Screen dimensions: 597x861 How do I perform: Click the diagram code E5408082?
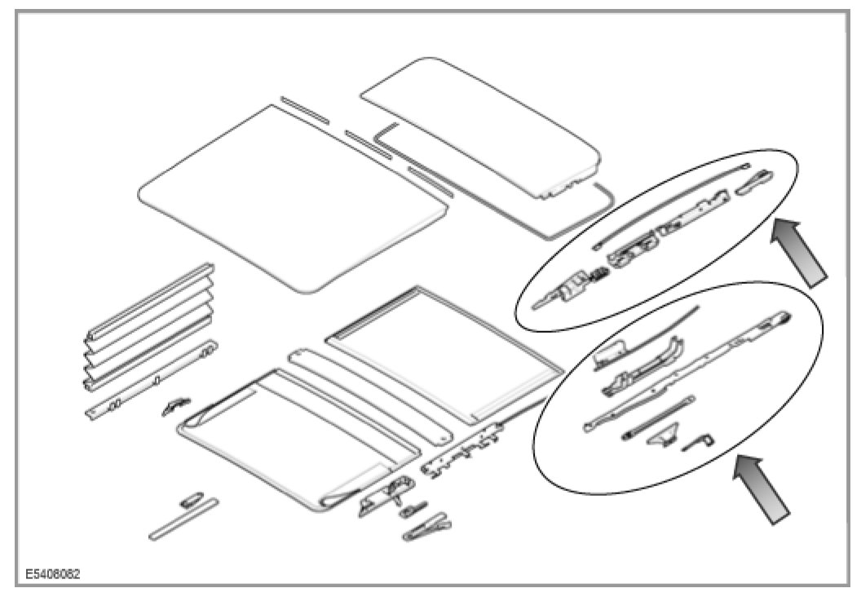click(51, 573)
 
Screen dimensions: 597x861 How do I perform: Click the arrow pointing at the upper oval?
click(800, 252)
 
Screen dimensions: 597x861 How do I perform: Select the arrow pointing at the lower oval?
click(763, 490)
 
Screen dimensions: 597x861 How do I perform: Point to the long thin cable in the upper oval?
click(669, 204)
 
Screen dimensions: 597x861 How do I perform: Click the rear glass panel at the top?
click(481, 122)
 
